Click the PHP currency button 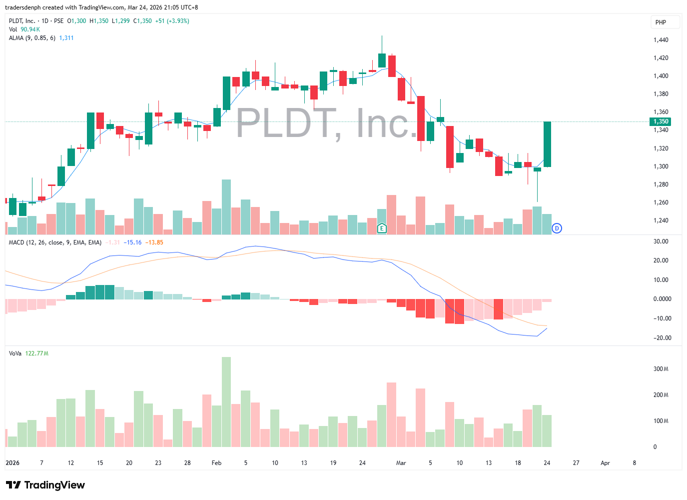(661, 22)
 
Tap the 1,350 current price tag (661, 121)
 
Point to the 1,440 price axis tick (661, 40)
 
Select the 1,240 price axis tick (661, 220)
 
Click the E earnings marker (382, 228)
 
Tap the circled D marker (557, 228)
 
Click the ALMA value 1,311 (66, 38)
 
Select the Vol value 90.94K (30, 29)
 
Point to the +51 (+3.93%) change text (172, 21)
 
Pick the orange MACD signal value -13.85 (154, 242)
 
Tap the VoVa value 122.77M (36, 353)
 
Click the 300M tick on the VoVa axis (661, 369)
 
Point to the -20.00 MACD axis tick (662, 338)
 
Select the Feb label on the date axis (216, 463)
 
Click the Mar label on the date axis (401, 463)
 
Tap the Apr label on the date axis (605, 463)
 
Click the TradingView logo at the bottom (45, 485)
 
